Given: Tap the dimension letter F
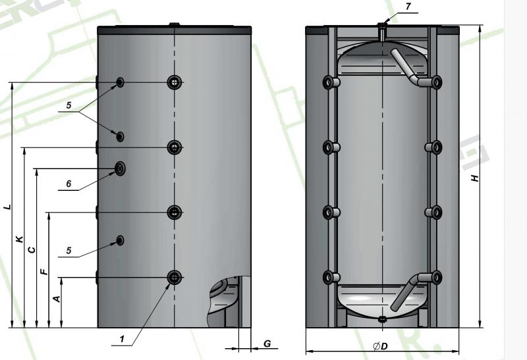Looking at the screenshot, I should pyautogui.click(x=43, y=271).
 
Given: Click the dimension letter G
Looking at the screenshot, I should pyautogui.click(x=266, y=344).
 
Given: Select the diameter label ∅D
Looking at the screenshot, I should pyautogui.click(x=379, y=347).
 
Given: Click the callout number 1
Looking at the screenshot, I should pyautogui.click(x=123, y=339).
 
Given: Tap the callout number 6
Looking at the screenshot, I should pyautogui.click(x=68, y=184).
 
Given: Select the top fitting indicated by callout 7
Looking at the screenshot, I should pyautogui.click(x=383, y=27).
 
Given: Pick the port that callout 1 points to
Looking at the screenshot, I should pyautogui.click(x=174, y=278).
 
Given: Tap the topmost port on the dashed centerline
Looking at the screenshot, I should pyautogui.click(x=174, y=82).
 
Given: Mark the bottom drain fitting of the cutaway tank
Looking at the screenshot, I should pyautogui.click(x=383, y=321).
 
